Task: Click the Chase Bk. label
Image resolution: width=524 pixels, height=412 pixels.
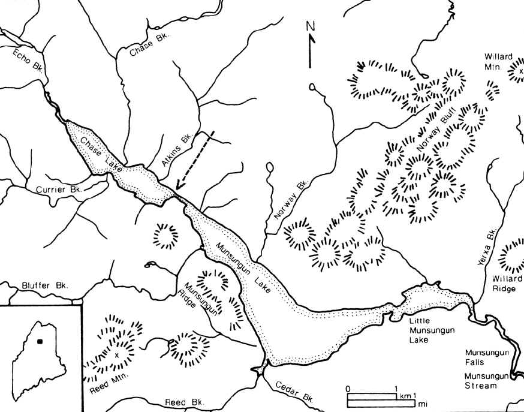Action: coord(150,45)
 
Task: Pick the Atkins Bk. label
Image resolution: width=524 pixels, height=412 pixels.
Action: coord(176,151)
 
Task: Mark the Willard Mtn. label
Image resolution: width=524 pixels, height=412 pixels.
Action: coord(499,62)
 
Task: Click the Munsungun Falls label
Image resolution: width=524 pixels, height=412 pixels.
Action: coord(489,357)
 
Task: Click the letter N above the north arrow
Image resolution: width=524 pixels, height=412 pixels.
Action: coord(310,26)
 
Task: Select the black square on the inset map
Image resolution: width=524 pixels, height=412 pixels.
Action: coord(40,341)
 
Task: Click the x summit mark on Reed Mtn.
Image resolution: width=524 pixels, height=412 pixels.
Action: coord(118,356)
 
